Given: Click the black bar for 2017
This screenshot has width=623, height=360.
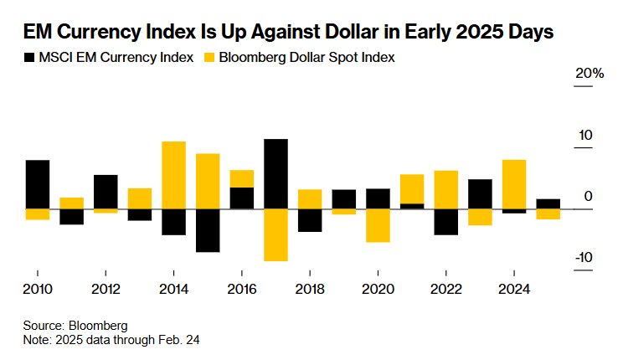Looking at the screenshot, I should point(275,173).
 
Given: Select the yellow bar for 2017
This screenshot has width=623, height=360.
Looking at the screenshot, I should point(275,234).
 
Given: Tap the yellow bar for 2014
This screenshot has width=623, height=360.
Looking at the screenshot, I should point(173,175).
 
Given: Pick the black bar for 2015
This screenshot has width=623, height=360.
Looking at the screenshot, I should point(208,230).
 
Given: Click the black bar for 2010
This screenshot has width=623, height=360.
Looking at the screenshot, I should point(38,184).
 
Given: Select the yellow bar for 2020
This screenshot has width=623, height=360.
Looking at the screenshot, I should point(378,225).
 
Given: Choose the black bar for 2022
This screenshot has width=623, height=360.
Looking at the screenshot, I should point(445,222).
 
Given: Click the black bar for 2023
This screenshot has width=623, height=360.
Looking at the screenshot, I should point(480,193).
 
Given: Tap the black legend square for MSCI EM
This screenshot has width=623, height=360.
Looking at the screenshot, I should point(30,58).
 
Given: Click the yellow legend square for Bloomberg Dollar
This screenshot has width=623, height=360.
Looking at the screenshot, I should point(209,58).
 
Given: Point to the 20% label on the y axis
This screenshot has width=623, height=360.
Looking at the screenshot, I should point(590,75).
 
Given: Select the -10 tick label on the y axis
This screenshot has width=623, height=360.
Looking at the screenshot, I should point(584,257).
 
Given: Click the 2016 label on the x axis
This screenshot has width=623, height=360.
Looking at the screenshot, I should point(241,289).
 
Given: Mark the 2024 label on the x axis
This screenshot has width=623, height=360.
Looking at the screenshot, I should point(514,289).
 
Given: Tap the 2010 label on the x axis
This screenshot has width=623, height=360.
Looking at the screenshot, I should point(38,289).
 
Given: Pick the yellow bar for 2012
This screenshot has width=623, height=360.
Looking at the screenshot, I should point(106,211).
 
